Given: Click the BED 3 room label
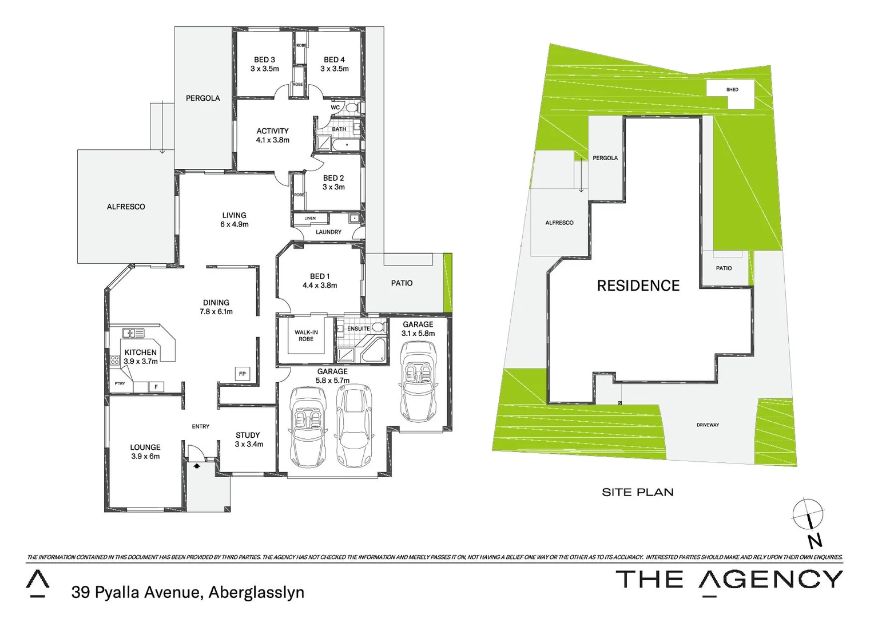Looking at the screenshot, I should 264,64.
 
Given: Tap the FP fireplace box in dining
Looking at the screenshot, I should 243,374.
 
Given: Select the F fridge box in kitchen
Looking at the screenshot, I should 156,387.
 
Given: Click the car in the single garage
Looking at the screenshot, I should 418,381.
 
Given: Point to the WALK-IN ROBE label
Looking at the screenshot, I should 306,336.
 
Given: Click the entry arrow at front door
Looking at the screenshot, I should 197,466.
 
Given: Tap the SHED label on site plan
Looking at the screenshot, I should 732,90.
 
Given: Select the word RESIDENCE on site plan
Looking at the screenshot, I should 638,286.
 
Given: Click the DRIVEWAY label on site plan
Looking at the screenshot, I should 708,425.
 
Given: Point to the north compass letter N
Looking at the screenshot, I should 815,540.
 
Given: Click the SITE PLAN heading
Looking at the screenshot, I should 638,492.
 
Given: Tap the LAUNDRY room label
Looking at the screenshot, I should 328,232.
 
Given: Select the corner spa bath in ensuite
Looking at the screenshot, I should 375,351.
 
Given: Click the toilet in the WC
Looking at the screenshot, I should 352,107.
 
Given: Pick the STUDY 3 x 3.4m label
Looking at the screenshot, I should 249,439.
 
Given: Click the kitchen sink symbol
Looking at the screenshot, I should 133,332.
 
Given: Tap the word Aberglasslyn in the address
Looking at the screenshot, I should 256,592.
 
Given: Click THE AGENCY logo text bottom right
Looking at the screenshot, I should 729,580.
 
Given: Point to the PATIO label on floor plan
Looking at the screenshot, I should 402,283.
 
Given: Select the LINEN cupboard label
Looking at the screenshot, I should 310,219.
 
